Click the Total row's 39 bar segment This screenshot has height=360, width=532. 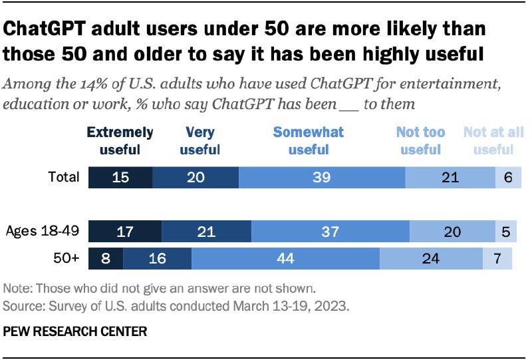click(x=322, y=177)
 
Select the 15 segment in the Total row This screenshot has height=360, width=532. click(x=120, y=177)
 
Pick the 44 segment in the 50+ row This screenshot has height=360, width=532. click(x=285, y=258)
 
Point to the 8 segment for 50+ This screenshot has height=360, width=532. click(x=106, y=258)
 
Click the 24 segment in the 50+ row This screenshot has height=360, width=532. click(x=431, y=258)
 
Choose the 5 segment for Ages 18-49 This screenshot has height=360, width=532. click(x=505, y=232)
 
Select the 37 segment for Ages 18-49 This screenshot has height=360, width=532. click(x=331, y=232)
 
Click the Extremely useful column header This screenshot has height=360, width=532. click(x=120, y=140)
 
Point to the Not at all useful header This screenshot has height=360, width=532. click(x=493, y=140)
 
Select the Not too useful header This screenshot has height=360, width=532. click(x=421, y=140)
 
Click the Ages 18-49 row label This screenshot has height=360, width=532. click(x=43, y=232)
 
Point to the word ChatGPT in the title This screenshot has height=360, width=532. click(x=51, y=30)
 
